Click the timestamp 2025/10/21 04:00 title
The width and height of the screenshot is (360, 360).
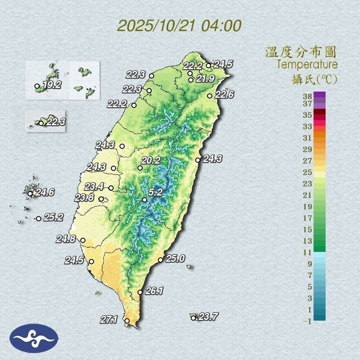180,26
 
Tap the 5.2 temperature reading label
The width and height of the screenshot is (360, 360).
156,192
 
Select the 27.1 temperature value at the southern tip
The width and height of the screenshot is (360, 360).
109,319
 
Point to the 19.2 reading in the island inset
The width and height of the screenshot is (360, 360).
52,85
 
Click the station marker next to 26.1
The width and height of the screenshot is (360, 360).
140,292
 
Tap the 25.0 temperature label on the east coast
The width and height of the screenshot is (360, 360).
175,258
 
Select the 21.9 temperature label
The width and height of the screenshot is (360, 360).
205,79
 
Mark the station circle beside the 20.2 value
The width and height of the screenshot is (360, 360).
140,168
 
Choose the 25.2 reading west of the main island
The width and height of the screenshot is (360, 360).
53,217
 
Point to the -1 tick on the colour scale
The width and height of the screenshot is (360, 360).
307,322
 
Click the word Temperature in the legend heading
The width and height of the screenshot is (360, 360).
307,65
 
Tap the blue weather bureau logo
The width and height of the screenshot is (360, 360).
34,338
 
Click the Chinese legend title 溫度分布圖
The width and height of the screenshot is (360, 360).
301,52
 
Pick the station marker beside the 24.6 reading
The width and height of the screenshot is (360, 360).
30,193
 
